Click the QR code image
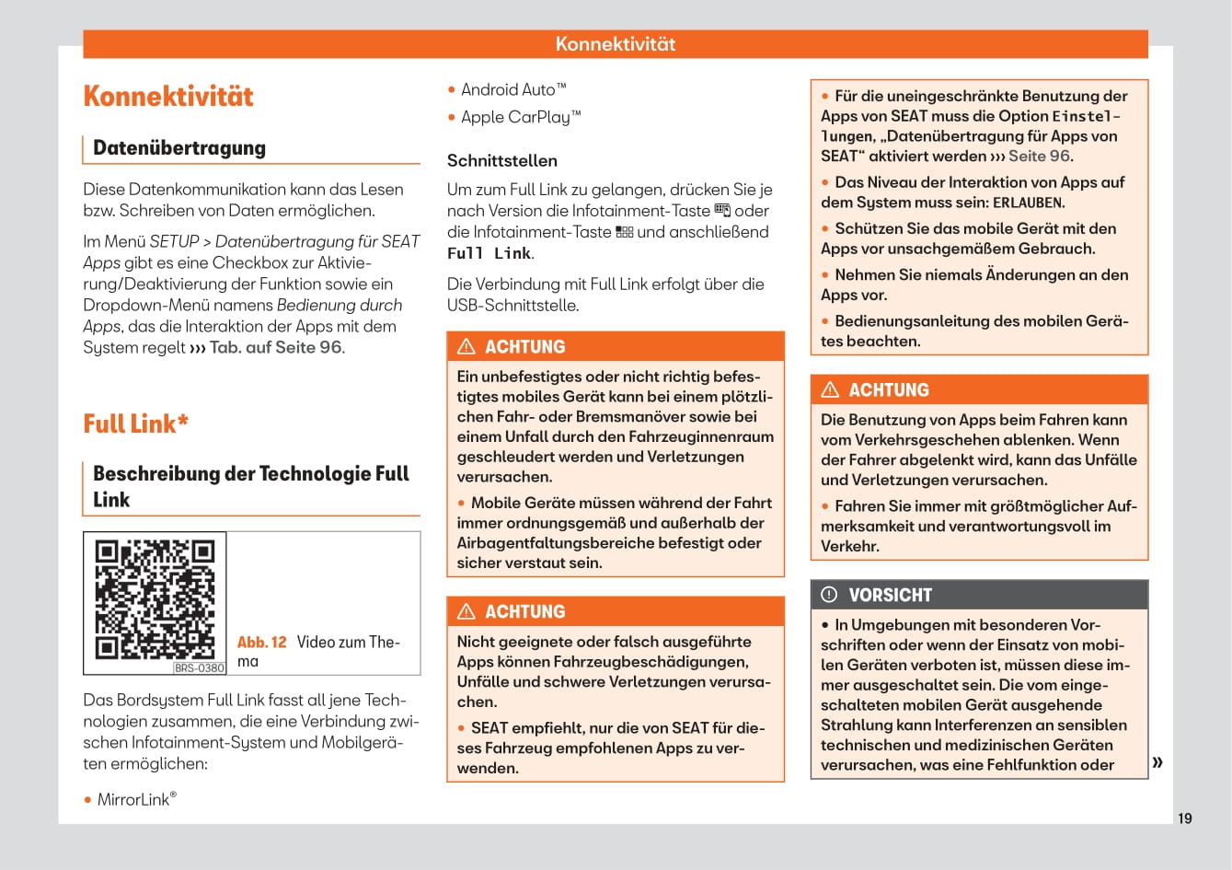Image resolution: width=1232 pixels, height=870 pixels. [x=155, y=599]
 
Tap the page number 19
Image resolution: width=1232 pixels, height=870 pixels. [x=1184, y=818]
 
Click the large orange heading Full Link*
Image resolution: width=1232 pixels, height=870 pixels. [x=135, y=424]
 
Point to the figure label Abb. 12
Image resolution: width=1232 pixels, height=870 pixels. [x=262, y=643]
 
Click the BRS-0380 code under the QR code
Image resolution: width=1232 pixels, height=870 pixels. [x=199, y=668]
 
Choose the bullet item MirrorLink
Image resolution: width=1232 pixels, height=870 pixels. [x=134, y=800]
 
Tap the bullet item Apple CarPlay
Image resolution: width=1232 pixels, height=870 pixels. [x=521, y=118]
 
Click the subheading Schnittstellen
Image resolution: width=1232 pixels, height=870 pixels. [x=501, y=161]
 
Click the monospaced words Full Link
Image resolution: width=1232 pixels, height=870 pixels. [x=489, y=254]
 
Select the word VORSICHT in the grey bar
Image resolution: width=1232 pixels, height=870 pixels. [x=890, y=596]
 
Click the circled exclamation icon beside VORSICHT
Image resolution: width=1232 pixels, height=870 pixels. [x=829, y=595]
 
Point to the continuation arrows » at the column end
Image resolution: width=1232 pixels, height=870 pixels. [x=1157, y=761]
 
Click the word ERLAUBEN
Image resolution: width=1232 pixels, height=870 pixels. [x=1028, y=203]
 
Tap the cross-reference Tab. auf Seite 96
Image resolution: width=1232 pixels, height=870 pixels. [x=275, y=348]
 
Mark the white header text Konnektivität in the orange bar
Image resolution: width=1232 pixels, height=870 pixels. [x=615, y=44]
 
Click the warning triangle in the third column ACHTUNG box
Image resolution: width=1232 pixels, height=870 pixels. [x=830, y=390]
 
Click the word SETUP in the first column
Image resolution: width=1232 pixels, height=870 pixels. [x=174, y=242]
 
